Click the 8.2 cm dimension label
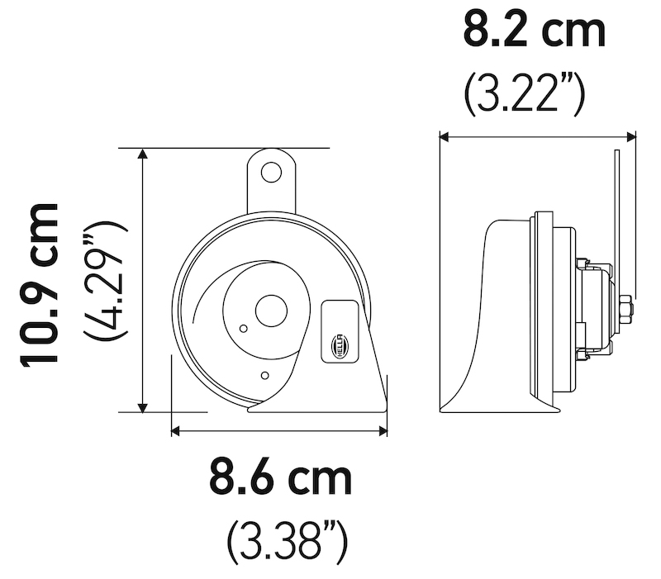(x=534, y=31)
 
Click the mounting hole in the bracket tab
(x=270, y=172)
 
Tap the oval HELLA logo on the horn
(x=340, y=345)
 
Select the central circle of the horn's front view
(x=269, y=311)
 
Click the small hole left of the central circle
(x=242, y=329)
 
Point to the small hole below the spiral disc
(x=263, y=376)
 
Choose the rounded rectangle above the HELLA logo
(x=340, y=315)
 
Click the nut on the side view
(x=625, y=311)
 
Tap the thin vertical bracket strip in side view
(x=618, y=223)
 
